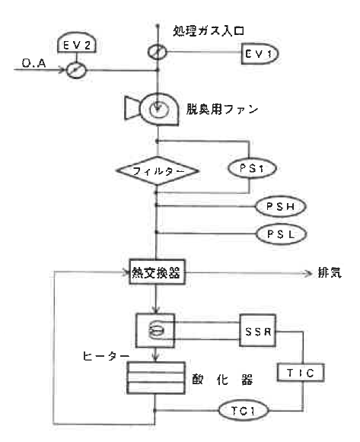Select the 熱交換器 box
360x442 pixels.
pyautogui.click(x=155, y=272)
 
